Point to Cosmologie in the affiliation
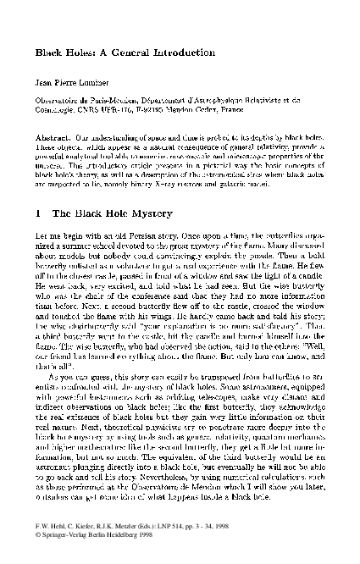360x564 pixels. tap(53, 110)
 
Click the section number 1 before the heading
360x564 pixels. tap(38, 206)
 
